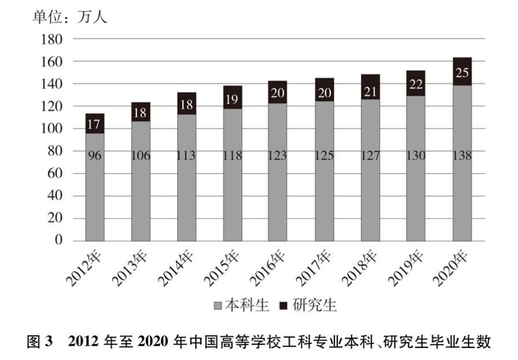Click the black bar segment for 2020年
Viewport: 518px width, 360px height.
pos(462,72)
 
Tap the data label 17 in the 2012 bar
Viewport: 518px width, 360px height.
pos(95,124)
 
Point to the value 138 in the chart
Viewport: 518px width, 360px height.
pos(462,155)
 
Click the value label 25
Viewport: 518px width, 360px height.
pos(462,72)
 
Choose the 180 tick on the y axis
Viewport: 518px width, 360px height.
pos(51,39)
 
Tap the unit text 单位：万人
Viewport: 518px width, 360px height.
pos(69,17)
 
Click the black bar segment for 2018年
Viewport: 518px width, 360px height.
pos(370,87)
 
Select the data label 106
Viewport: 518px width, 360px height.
pos(140,155)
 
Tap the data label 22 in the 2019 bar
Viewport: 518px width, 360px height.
pos(415,83)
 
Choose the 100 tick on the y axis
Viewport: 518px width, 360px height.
pos(51,128)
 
